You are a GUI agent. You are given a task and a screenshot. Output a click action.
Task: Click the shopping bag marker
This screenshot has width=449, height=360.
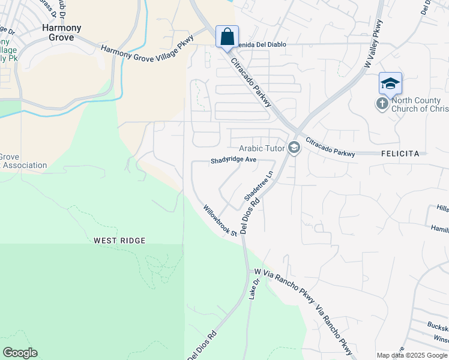pos(227,37)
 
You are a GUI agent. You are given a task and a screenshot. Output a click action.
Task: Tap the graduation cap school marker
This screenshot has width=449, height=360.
pos(390,83)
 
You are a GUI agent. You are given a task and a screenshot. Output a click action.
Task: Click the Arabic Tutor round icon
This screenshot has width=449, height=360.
pos(294,148)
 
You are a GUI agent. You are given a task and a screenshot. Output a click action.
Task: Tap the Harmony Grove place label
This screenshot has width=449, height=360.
pos(58,32)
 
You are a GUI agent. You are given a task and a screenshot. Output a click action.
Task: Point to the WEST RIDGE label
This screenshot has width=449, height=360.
pos(119,241)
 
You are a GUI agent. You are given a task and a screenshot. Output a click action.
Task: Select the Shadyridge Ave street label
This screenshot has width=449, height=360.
pos(234,161)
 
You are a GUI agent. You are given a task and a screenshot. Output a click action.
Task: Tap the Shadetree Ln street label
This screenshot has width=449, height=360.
pos(259,185)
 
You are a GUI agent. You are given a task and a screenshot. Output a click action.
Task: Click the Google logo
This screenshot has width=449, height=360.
pos(20,353)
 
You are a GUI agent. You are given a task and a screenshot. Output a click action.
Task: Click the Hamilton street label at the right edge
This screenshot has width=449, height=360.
pos(439,229)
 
